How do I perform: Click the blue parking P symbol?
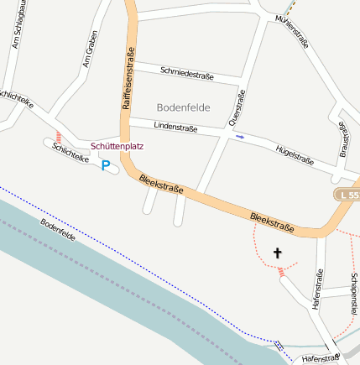pos(106,165)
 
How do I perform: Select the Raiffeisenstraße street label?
pos(129,80)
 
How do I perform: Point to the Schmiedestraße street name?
pos(186,73)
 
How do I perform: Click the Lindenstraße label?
pos(175,128)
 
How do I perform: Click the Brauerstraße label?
pos(342,141)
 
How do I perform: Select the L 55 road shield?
pos(349,195)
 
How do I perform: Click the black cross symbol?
pos(278,252)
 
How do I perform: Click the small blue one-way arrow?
pos(240,136)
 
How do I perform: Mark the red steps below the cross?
pos(282,273)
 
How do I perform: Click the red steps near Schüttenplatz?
pos(57,136)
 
